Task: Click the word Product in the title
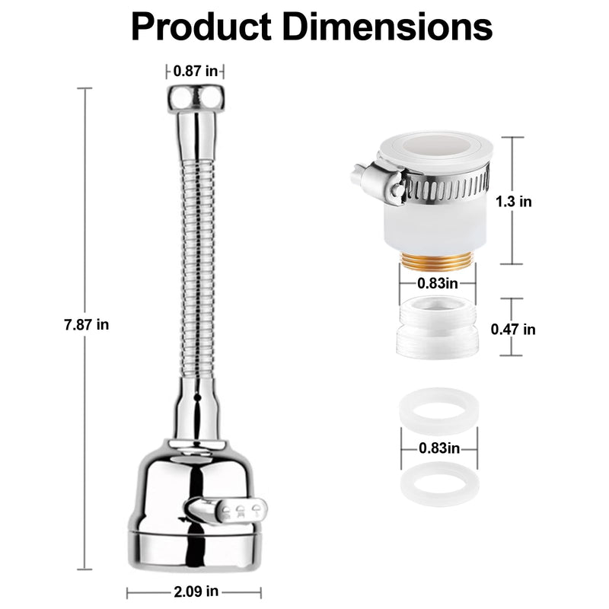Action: coord(201,27)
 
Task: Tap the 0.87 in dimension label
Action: coord(196,71)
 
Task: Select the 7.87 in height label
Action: coord(87,324)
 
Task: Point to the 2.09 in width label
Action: coord(196,591)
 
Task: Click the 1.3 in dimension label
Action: coord(514,202)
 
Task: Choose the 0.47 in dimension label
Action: coord(513,330)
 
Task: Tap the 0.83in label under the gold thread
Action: coord(438,283)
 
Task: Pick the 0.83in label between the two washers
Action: coord(439,448)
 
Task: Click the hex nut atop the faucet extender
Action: coord(196,99)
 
